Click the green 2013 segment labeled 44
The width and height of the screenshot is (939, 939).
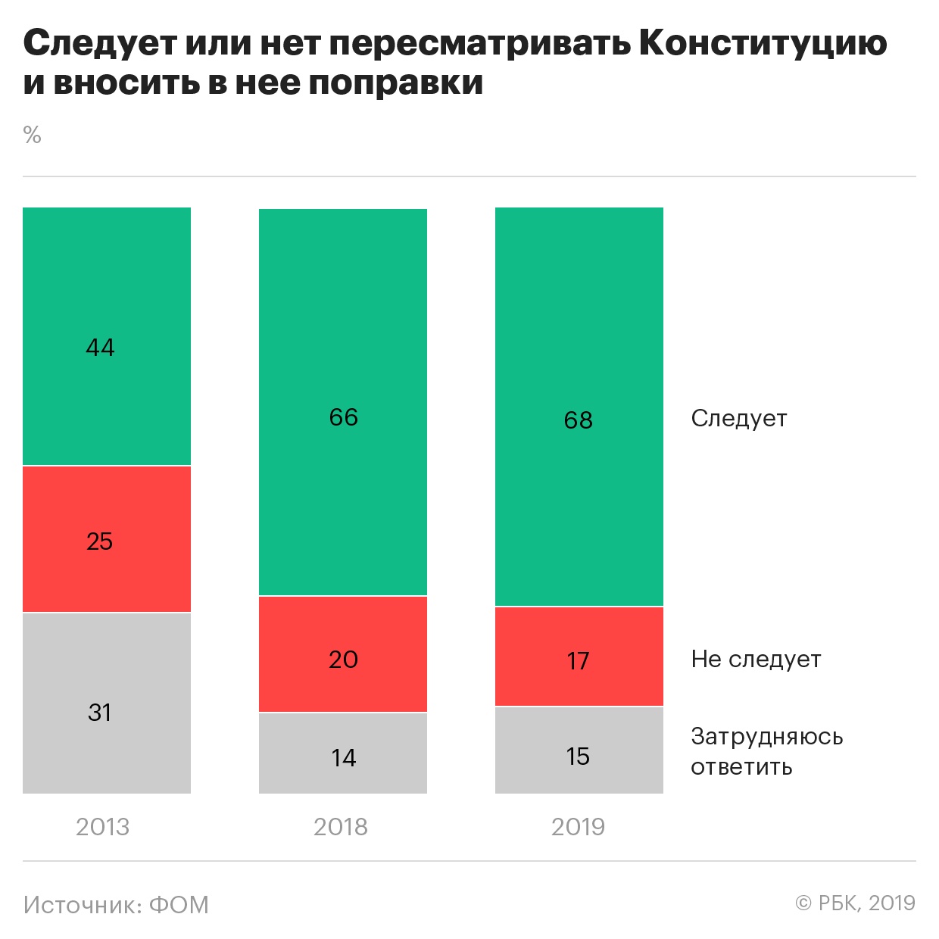coord(107,336)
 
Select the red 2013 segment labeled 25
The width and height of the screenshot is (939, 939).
coord(107,539)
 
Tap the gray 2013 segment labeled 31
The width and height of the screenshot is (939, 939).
coord(107,703)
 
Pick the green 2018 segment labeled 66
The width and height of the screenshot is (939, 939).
coord(343,402)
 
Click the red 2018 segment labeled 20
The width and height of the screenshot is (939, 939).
coord(343,654)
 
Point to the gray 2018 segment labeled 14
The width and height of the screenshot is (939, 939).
coord(343,753)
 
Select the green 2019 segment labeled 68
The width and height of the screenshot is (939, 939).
coord(579,407)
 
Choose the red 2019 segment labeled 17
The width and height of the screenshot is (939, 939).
coord(579,657)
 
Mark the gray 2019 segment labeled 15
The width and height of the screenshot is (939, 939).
coord(579,750)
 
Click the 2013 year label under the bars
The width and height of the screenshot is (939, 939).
coord(102,827)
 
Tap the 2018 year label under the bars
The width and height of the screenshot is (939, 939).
coord(341,827)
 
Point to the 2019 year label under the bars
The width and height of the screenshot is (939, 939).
coord(579,827)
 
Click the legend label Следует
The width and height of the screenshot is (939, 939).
coord(739,419)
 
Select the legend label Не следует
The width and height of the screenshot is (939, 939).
coord(756,660)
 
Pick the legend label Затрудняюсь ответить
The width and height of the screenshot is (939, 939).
coord(766,751)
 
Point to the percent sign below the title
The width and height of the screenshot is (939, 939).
coord(32,136)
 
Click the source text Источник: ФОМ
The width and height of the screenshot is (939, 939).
coord(116,905)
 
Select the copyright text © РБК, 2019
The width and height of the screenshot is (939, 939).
coord(855,903)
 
